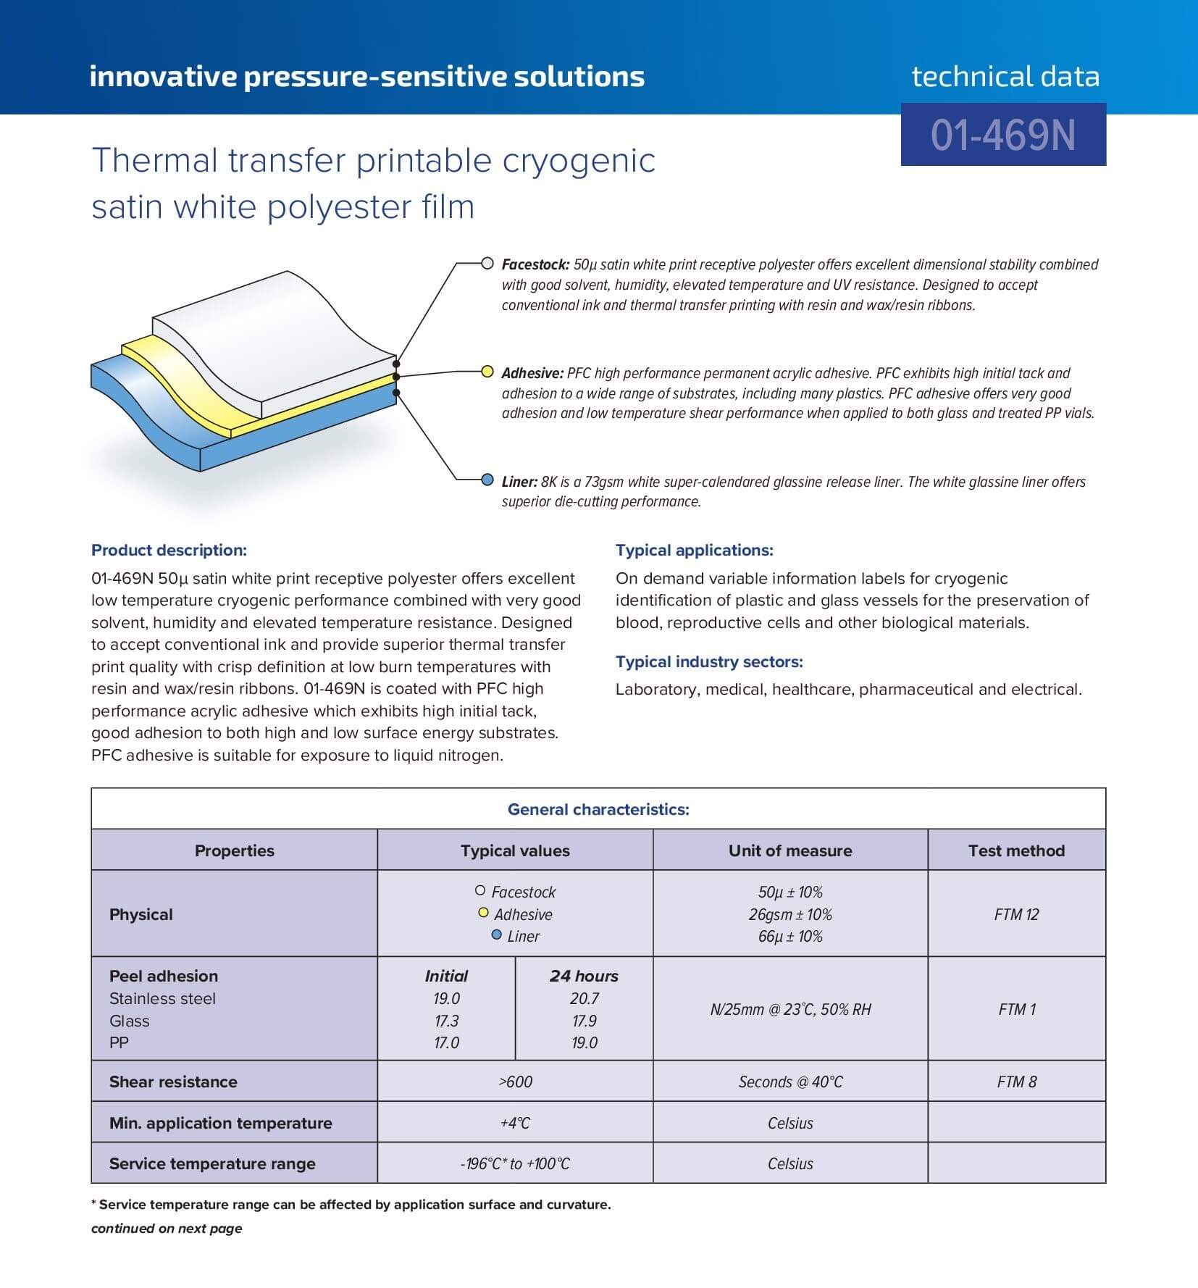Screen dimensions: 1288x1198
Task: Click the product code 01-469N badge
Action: coord(1003,135)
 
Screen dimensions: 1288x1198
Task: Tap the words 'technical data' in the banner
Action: coord(1005,76)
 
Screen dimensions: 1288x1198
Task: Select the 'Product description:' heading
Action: coord(169,550)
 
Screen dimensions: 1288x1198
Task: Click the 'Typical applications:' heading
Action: coord(694,550)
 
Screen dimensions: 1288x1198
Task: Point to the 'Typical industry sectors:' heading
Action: coord(709,661)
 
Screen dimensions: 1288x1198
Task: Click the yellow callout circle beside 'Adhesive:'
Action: coord(487,372)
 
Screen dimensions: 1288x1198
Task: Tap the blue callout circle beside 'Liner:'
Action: coord(487,480)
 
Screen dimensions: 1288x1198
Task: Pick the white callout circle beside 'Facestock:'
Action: coord(487,263)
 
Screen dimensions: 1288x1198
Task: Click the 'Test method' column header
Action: coord(1016,850)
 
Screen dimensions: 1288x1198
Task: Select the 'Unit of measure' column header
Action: coord(790,850)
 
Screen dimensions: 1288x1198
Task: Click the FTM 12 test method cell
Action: coord(1016,914)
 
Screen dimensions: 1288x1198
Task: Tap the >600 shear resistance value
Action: coord(515,1082)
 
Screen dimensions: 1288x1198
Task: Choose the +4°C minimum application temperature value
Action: coord(515,1123)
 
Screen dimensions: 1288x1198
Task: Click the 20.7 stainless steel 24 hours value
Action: coord(584,998)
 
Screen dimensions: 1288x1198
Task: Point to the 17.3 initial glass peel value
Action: coord(446,1021)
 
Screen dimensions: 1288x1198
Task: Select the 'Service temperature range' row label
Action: coord(212,1163)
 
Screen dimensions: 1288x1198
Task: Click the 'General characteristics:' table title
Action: coord(598,809)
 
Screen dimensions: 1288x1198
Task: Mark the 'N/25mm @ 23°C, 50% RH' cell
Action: coord(790,1009)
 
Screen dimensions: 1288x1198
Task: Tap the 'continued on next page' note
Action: coord(167,1228)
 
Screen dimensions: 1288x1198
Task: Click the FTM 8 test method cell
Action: coord(1016,1082)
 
